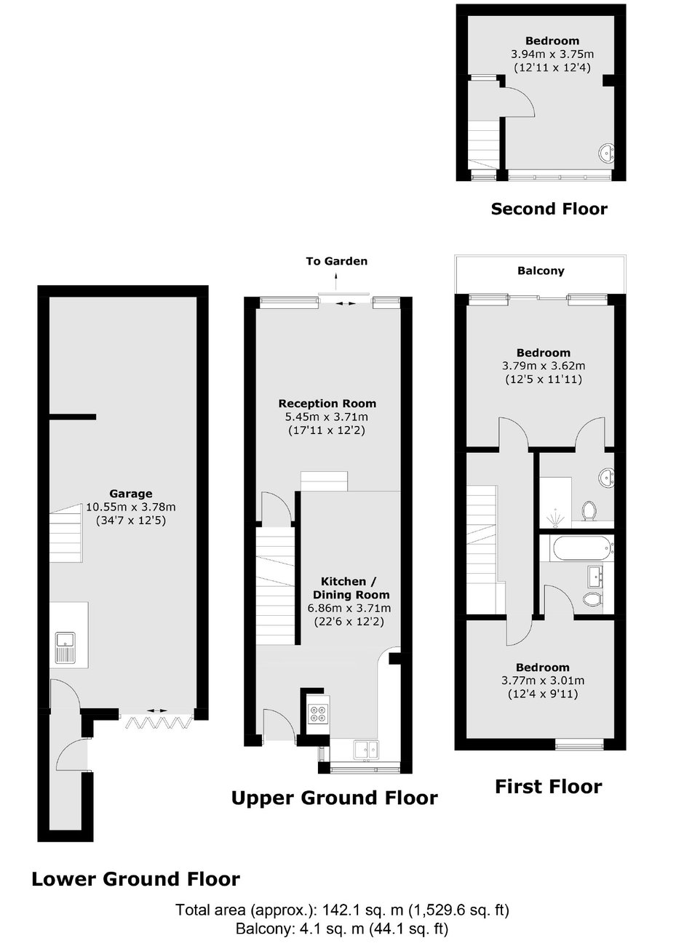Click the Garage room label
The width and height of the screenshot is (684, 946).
tap(131, 493)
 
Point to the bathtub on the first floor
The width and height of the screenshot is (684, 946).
tap(581, 548)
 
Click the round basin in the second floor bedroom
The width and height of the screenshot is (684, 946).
tap(607, 153)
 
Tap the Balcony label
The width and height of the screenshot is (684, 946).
tap(541, 270)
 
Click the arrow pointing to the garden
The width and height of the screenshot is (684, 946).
tap(336, 280)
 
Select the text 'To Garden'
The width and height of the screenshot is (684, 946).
tap(336, 261)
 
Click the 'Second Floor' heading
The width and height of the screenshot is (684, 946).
tap(549, 209)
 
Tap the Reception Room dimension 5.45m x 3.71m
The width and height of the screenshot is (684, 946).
tap(327, 417)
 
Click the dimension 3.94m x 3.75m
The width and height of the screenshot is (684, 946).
tap(552, 54)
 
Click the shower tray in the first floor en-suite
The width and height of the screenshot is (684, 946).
tap(555, 502)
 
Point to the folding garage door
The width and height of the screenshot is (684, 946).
tap(157, 722)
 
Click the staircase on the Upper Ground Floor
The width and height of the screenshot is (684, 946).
tap(276, 586)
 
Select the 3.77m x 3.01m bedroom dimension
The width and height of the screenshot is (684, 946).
tap(543, 681)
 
